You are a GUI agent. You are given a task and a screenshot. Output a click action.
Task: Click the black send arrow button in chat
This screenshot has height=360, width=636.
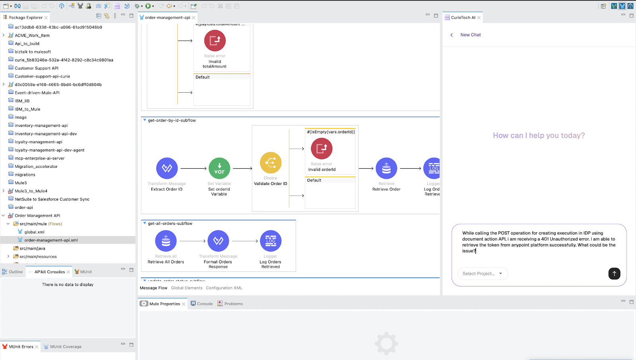tap(614, 273)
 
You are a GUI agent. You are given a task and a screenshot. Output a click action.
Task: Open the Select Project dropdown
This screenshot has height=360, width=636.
tap(483, 274)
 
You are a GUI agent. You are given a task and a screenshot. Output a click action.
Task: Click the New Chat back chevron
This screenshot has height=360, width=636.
tap(452, 35)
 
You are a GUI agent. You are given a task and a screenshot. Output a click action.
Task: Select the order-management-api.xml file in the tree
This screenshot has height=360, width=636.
tap(51, 240)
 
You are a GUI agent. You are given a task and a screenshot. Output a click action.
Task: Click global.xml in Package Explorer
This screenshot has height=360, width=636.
tap(34, 232)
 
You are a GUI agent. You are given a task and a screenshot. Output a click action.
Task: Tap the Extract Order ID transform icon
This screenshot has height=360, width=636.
tap(167, 168)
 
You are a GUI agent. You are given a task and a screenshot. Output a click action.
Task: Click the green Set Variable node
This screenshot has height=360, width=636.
tap(219, 168)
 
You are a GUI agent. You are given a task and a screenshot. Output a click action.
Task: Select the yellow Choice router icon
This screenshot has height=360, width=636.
tap(270, 163)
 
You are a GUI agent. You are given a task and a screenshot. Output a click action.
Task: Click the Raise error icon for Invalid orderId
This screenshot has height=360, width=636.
tap(322, 148)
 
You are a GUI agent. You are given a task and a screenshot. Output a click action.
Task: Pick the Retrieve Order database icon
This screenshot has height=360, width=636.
tap(386, 168)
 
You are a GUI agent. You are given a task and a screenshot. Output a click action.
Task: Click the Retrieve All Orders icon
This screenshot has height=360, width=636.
tap(166, 241)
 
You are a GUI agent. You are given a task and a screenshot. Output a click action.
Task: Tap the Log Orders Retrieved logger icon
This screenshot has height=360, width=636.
tap(270, 241)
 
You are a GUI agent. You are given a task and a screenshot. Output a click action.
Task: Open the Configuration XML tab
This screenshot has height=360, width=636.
tap(224, 288)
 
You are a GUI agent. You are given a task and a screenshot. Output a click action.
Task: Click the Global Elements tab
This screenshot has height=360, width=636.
tap(186, 288)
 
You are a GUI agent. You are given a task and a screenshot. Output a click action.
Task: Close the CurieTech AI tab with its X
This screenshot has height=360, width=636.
tap(479, 18)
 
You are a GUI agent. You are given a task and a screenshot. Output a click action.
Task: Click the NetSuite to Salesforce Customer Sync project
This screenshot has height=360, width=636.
tap(52, 199)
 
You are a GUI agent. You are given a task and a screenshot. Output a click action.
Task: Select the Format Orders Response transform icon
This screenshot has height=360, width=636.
tap(218, 241)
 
